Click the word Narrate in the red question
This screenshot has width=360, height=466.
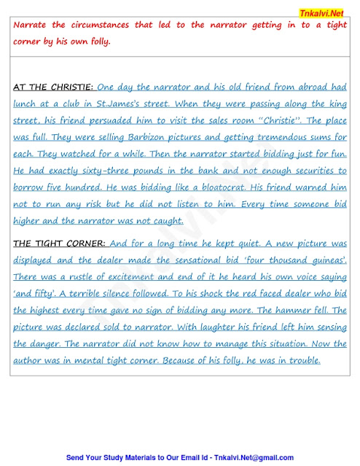coord(34,25)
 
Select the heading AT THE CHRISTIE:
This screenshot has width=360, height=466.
coord(53,88)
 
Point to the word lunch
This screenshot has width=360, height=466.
coord(28,104)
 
